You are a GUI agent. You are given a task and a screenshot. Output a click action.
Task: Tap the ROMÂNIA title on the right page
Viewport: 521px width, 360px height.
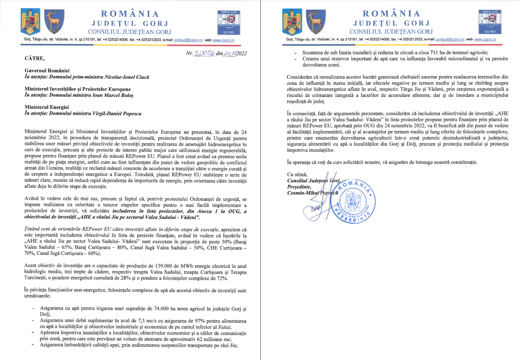pyautogui.click(x=392, y=13)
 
